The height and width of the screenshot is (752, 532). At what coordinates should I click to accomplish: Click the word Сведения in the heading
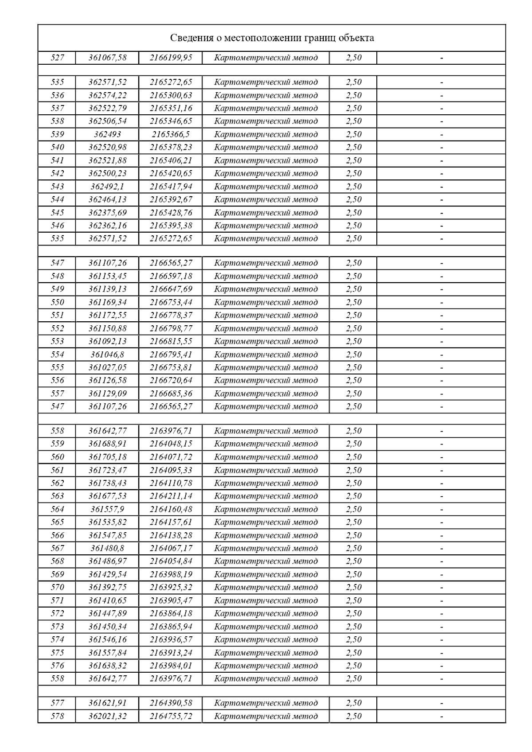coord(190,38)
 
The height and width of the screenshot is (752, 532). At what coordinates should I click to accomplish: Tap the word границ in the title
coord(319,38)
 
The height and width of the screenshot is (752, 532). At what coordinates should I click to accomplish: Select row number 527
coord(58,58)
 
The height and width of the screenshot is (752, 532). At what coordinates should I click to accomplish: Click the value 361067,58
coord(107,58)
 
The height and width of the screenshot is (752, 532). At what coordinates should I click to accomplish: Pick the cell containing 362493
coord(107,134)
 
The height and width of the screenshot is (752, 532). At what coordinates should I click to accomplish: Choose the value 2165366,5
coord(171,134)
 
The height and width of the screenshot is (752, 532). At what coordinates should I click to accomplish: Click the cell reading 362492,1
coord(107,187)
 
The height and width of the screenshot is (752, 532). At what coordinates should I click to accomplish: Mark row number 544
coord(58,199)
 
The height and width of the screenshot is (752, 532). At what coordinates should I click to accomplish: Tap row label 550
coord(58,302)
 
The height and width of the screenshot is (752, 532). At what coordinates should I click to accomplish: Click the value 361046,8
coord(107,355)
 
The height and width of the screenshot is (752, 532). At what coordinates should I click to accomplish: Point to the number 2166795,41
coord(171,355)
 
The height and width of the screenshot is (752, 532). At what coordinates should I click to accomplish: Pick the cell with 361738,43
coord(107,483)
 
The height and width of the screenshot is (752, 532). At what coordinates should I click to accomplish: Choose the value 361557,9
coord(107,509)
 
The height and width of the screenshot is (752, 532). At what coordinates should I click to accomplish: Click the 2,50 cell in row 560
coord(353,457)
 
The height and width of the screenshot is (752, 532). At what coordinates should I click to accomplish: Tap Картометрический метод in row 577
coord(266,703)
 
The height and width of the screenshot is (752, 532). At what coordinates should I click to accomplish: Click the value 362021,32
coord(107,716)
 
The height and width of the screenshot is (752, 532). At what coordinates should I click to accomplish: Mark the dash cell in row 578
coord(441,716)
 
